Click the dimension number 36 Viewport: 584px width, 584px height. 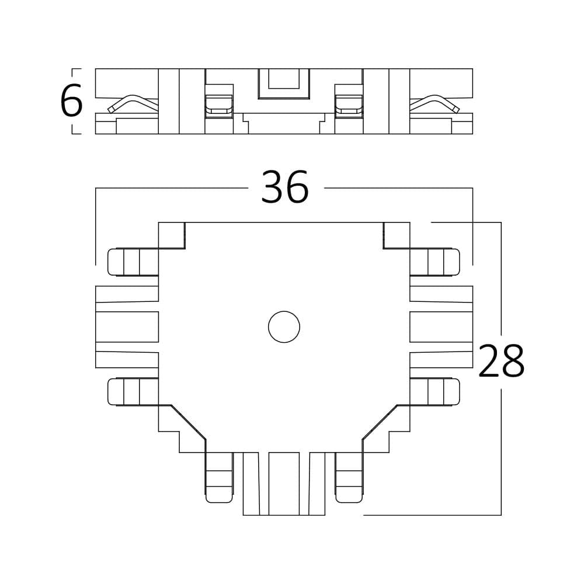click(x=284, y=188)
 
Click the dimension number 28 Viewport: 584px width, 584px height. click(x=501, y=361)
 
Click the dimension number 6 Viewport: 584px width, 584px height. click(x=71, y=102)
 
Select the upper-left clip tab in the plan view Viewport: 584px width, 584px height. click(x=133, y=262)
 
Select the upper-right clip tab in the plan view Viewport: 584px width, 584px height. click(x=435, y=262)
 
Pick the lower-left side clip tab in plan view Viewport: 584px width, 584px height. click(x=133, y=392)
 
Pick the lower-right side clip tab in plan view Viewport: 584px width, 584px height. click(x=435, y=392)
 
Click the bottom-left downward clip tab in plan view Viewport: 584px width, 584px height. click(x=219, y=478)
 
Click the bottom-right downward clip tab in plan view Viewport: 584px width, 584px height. click(x=349, y=478)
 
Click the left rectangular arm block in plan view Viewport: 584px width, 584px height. click(x=127, y=327)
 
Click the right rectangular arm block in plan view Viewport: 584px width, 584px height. click(x=441, y=327)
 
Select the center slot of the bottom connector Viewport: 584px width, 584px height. click(x=284, y=484)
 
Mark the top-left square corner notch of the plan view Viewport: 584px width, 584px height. click(x=172, y=235)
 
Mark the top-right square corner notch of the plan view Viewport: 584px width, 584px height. click(x=397, y=235)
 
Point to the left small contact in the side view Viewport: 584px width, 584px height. click(x=219, y=106)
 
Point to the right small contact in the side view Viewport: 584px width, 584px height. click(x=349, y=106)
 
